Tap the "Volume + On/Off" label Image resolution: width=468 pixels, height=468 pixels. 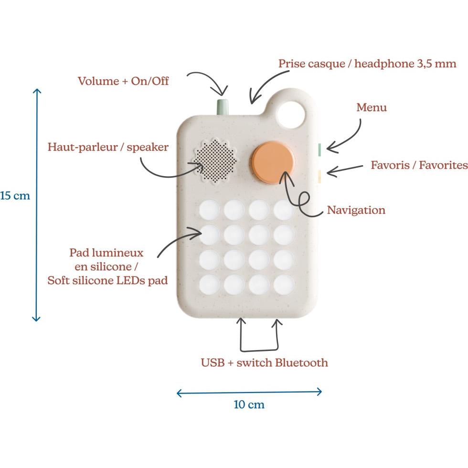point(123,81)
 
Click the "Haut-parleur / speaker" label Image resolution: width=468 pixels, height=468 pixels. point(108,147)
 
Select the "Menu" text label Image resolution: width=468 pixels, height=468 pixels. point(372,107)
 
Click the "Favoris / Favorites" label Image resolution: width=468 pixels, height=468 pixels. point(419,165)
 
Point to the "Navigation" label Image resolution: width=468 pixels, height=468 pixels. point(356,210)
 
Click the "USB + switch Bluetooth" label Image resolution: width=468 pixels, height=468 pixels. point(264,362)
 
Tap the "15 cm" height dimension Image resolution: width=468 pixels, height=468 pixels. point(15,196)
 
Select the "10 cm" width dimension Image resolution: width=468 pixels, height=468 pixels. point(249,404)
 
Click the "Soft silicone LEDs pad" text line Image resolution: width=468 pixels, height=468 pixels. point(107,280)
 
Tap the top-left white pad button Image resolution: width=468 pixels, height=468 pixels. point(209,210)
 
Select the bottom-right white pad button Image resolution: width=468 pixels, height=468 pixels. point(284,285)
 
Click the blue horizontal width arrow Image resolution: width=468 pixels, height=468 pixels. point(249,393)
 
